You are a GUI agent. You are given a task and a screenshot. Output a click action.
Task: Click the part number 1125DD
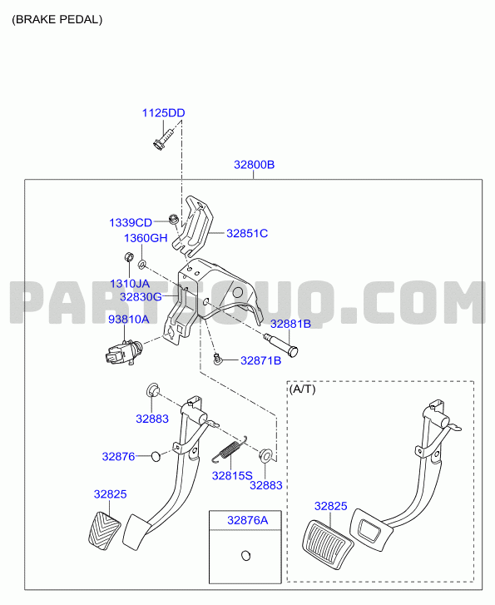[x=163, y=113]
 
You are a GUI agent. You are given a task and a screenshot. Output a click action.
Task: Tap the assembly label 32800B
[x=254, y=165]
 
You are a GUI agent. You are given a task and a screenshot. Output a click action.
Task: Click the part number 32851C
[x=247, y=234]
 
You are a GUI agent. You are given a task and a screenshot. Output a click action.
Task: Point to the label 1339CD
[x=131, y=223]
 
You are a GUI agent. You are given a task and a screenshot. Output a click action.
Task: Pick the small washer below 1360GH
[x=142, y=265]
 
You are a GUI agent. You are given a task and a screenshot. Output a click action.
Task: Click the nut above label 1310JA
[x=128, y=256]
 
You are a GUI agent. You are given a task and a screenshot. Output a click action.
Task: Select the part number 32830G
[x=141, y=297]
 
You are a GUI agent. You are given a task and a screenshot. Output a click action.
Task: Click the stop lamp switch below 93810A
[x=122, y=351]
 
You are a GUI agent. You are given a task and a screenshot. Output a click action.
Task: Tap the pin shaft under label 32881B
[x=280, y=345]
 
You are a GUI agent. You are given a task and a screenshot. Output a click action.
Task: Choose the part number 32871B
[x=260, y=361]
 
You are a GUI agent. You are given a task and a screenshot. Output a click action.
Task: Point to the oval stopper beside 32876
[x=156, y=456]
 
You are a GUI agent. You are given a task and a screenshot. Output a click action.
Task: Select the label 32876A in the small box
[x=247, y=520]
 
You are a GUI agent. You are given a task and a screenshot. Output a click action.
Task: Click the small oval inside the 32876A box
[x=245, y=556]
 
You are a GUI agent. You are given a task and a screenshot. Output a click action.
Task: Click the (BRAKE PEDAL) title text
[x=57, y=20]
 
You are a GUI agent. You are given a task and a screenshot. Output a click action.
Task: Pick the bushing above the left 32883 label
[x=153, y=390]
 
